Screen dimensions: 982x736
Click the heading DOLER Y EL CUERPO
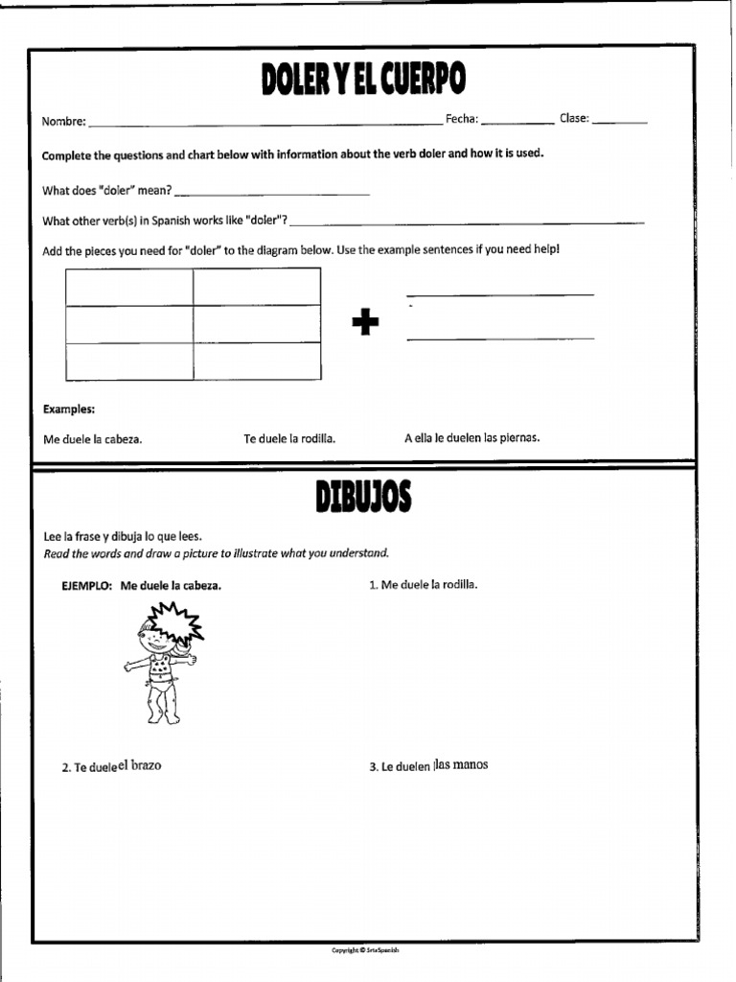(x=363, y=82)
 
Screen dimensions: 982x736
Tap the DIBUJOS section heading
(x=363, y=498)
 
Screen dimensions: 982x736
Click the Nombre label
(x=63, y=122)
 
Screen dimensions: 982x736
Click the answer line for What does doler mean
(x=272, y=194)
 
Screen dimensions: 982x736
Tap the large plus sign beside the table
(x=365, y=324)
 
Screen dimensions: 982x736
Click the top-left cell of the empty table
(x=129, y=287)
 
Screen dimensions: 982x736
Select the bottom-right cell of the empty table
(x=257, y=361)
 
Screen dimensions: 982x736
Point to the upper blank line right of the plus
(x=499, y=294)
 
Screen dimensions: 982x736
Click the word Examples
(x=69, y=409)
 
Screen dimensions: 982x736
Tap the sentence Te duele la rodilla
(x=289, y=438)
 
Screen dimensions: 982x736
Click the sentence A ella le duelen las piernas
(x=471, y=437)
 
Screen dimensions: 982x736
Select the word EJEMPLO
(x=87, y=585)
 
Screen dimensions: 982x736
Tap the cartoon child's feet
(x=161, y=716)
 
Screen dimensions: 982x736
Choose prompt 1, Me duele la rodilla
(x=423, y=584)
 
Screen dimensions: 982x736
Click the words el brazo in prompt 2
(x=140, y=765)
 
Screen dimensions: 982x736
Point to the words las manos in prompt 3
(x=461, y=764)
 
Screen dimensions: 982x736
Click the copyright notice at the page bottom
(x=364, y=949)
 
